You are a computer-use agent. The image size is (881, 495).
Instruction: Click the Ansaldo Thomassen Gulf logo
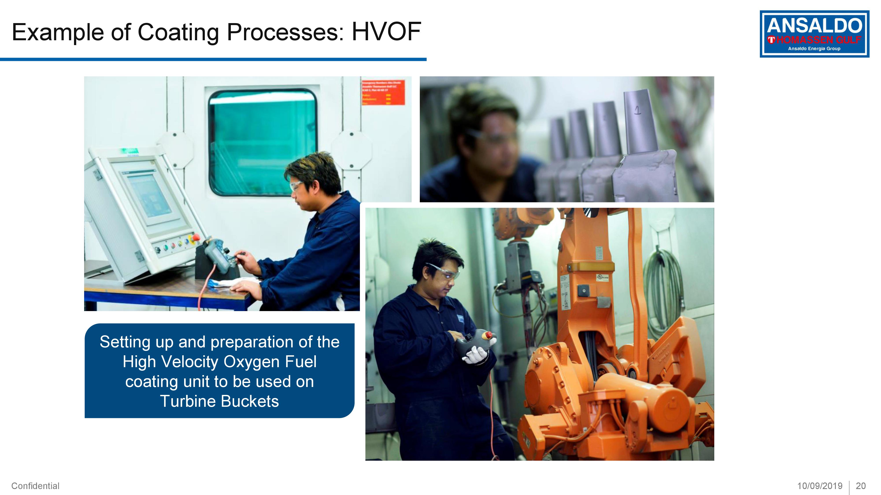814,34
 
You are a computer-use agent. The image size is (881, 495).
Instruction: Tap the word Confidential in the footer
35,486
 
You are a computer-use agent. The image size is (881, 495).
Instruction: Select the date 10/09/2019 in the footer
819,486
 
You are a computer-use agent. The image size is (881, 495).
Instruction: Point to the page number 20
861,486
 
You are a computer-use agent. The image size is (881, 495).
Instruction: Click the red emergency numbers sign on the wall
383,92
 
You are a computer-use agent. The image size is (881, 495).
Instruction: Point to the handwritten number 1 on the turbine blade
637,110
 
